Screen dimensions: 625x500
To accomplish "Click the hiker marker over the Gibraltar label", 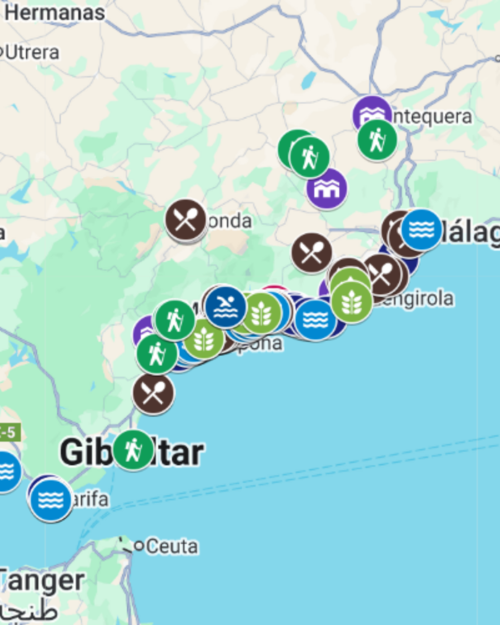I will pyautogui.click(x=133, y=450).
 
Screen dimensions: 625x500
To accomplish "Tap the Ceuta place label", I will pyautogui.click(x=172, y=546).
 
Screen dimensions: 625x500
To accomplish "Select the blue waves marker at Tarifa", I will pyautogui.click(x=50, y=500).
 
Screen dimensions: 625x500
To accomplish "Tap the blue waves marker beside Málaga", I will pyautogui.click(x=421, y=229).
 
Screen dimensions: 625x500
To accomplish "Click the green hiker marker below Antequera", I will pyautogui.click(x=376, y=140).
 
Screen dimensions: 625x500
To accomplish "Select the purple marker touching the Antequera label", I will pyautogui.click(x=372, y=114).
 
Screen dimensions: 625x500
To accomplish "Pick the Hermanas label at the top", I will pyautogui.click(x=55, y=13).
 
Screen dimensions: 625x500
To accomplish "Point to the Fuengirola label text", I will pyautogui.click(x=415, y=298).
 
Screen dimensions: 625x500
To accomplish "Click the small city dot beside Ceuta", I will pyautogui.click(x=139, y=545).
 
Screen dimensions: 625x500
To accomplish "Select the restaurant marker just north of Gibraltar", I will pyautogui.click(x=153, y=394).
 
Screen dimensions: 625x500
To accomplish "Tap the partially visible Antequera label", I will pyautogui.click(x=432, y=117).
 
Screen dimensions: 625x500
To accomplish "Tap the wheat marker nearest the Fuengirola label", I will pyautogui.click(x=352, y=303).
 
